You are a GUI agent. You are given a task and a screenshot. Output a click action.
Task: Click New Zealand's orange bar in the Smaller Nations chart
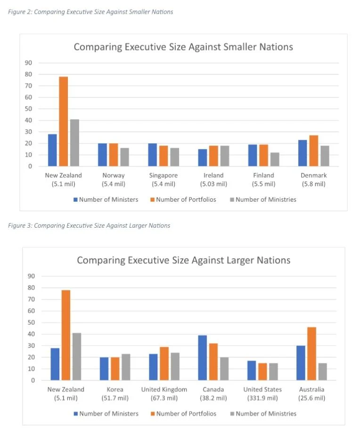(x=63, y=121)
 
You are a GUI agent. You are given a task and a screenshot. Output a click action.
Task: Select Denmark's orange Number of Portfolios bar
(x=313, y=151)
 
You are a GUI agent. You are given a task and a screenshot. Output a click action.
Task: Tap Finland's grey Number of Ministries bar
(x=274, y=159)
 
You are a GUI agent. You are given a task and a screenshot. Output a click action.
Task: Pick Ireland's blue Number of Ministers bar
(x=203, y=157)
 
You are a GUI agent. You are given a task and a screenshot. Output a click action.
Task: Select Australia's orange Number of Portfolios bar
(x=311, y=354)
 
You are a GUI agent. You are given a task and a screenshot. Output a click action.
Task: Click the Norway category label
(x=114, y=175)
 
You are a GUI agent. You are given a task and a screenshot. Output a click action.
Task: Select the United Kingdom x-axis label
(x=164, y=389)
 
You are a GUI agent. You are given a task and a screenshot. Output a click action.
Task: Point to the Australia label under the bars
(x=312, y=389)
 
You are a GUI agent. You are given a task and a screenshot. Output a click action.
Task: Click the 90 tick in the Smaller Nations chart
(x=29, y=63)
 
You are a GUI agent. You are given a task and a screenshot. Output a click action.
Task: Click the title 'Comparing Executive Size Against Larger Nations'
(x=183, y=260)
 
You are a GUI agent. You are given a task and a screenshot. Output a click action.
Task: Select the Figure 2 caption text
(x=90, y=12)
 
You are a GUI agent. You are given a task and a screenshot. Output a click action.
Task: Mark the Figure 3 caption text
(x=89, y=225)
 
